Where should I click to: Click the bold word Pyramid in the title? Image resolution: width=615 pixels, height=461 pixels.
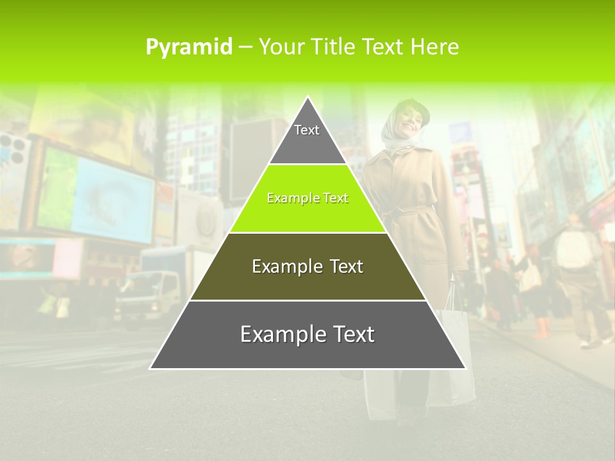point(189,47)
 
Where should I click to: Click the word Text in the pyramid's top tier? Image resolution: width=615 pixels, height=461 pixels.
point(307,130)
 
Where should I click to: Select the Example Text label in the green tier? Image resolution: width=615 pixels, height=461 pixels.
point(307,198)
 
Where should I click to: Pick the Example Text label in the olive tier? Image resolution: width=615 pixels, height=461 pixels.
point(307,266)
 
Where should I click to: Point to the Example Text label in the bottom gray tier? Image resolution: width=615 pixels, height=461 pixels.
point(307,334)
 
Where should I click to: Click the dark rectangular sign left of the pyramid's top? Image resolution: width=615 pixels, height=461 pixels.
point(250,154)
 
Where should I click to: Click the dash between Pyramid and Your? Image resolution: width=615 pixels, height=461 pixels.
point(245,47)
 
